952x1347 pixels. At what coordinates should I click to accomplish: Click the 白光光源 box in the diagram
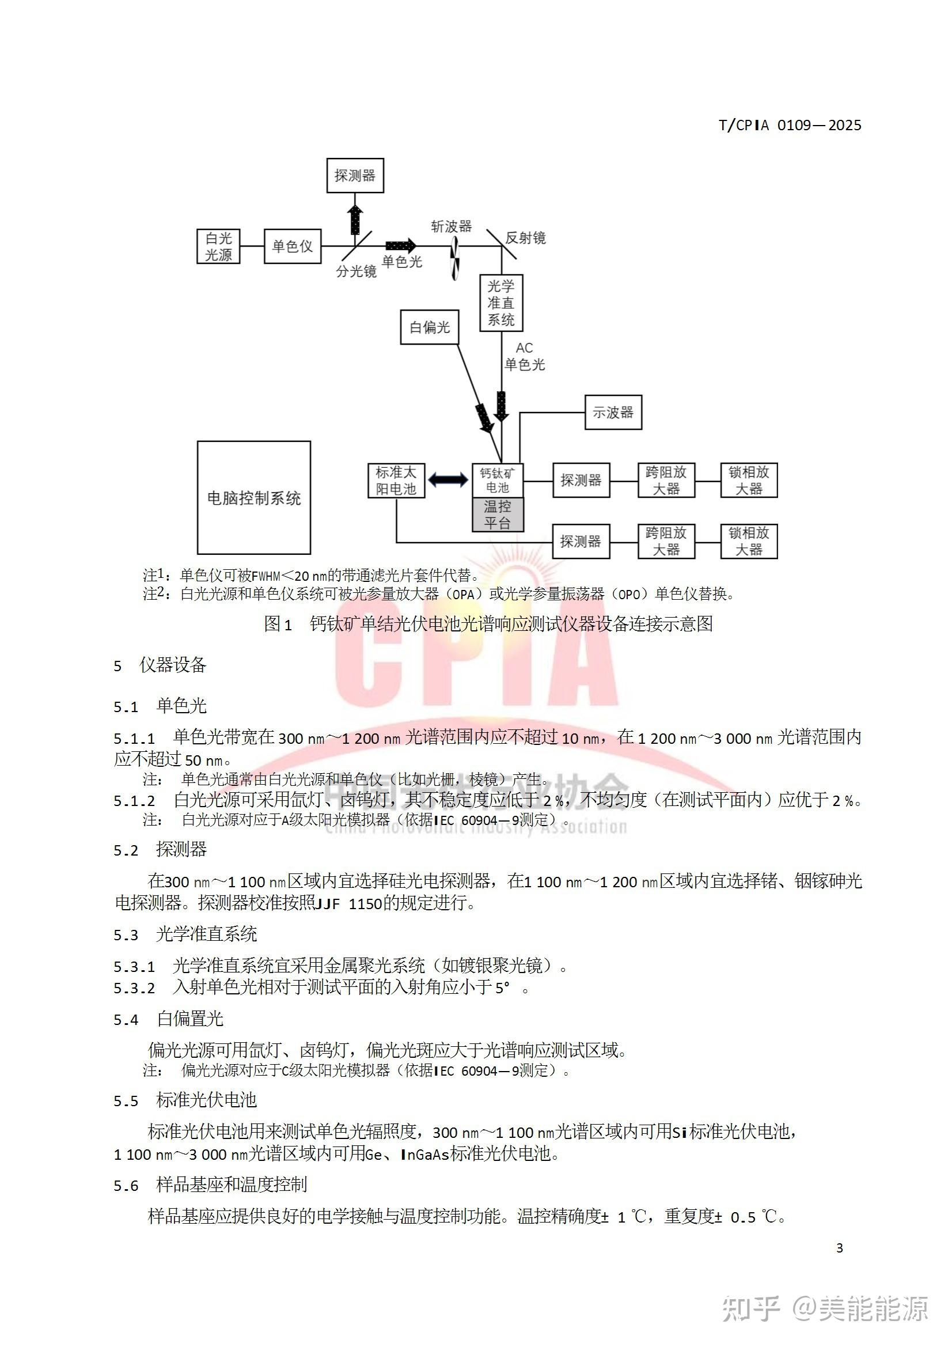tap(218, 247)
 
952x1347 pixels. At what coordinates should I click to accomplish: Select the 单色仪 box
tap(292, 247)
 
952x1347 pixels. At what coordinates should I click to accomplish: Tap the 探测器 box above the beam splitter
tap(355, 175)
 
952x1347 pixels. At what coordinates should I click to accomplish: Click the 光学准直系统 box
tap(501, 302)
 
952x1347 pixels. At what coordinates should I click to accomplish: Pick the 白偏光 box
tap(430, 327)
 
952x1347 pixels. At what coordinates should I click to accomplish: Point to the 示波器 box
tap(613, 413)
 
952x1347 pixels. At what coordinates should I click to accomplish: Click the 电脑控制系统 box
tap(253, 498)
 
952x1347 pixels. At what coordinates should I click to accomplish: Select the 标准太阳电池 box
tap(396, 480)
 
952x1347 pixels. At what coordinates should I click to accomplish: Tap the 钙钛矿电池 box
tap(498, 480)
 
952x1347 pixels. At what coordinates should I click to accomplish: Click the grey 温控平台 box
tap(498, 514)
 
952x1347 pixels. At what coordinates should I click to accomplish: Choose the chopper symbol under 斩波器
tap(454, 261)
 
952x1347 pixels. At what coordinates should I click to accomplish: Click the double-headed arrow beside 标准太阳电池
tap(449, 480)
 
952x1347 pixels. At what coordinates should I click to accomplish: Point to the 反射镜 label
tap(526, 237)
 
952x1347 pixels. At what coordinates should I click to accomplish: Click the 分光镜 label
tap(356, 271)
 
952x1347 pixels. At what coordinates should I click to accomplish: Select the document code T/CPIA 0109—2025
tap(790, 125)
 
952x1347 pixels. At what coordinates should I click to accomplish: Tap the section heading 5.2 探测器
tap(160, 849)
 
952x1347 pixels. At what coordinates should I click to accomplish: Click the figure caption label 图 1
tap(278, 623)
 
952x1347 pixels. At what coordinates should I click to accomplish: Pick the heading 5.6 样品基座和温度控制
tap(210, 1185)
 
